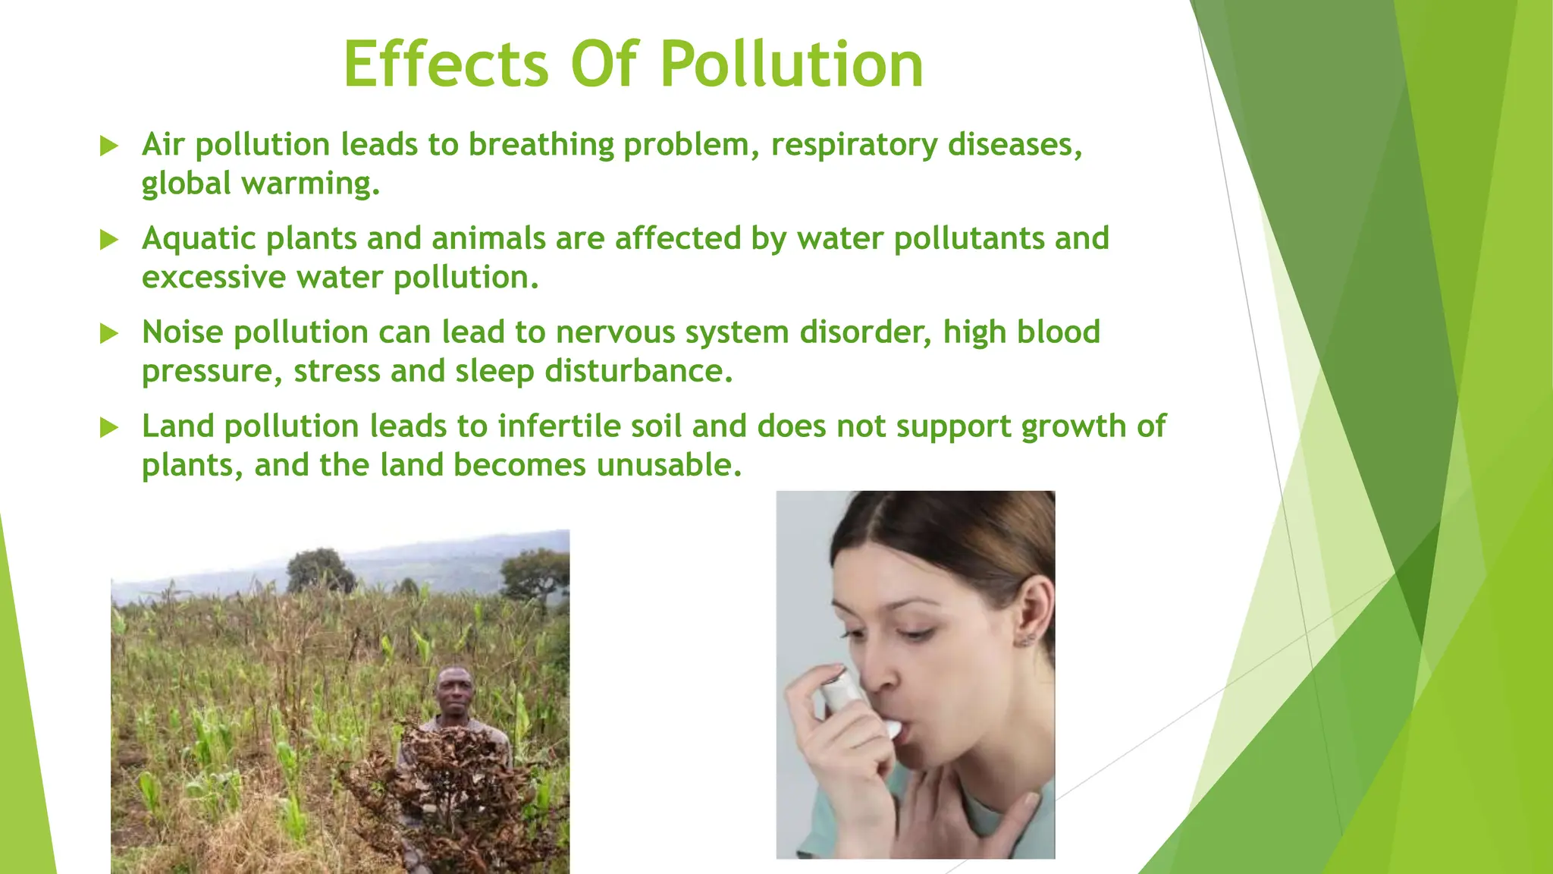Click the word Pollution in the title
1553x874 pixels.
[791, 64]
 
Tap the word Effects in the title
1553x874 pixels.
[445, 64]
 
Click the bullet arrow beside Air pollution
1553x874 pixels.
[109, 146]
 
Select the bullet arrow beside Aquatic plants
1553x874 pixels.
[109, 240]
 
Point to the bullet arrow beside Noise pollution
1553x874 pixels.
[109, 333]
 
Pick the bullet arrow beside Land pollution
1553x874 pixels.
[109, 427]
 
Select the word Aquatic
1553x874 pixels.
[199, 239]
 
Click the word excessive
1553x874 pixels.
[214, 278]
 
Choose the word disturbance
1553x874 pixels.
[638, 372]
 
